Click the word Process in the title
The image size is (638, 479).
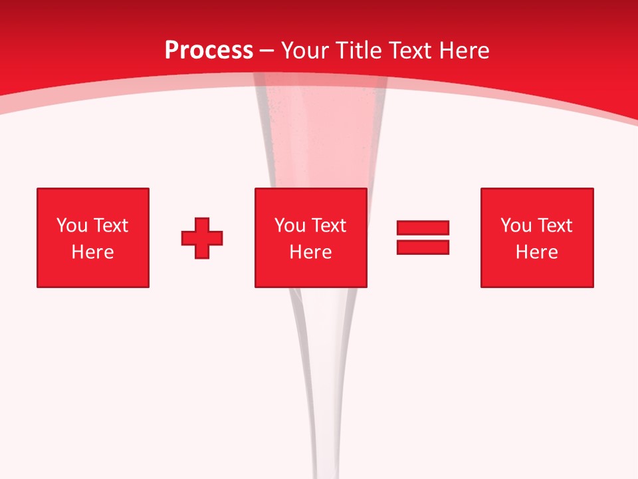(209, 51)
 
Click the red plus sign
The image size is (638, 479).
(202, 238)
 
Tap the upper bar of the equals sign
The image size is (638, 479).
(423, 228)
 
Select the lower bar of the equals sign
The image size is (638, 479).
(423, 247)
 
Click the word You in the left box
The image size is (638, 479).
(72, 226)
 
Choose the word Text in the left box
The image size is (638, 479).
(110, 226)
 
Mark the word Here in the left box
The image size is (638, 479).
(92, 252)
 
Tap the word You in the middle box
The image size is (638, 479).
(290, 226)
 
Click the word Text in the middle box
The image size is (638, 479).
(328, 226)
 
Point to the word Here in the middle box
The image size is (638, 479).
(310, 252)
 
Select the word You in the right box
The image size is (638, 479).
(516, 226)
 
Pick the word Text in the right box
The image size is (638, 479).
(554, 226)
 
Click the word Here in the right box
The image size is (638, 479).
(536, 252)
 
